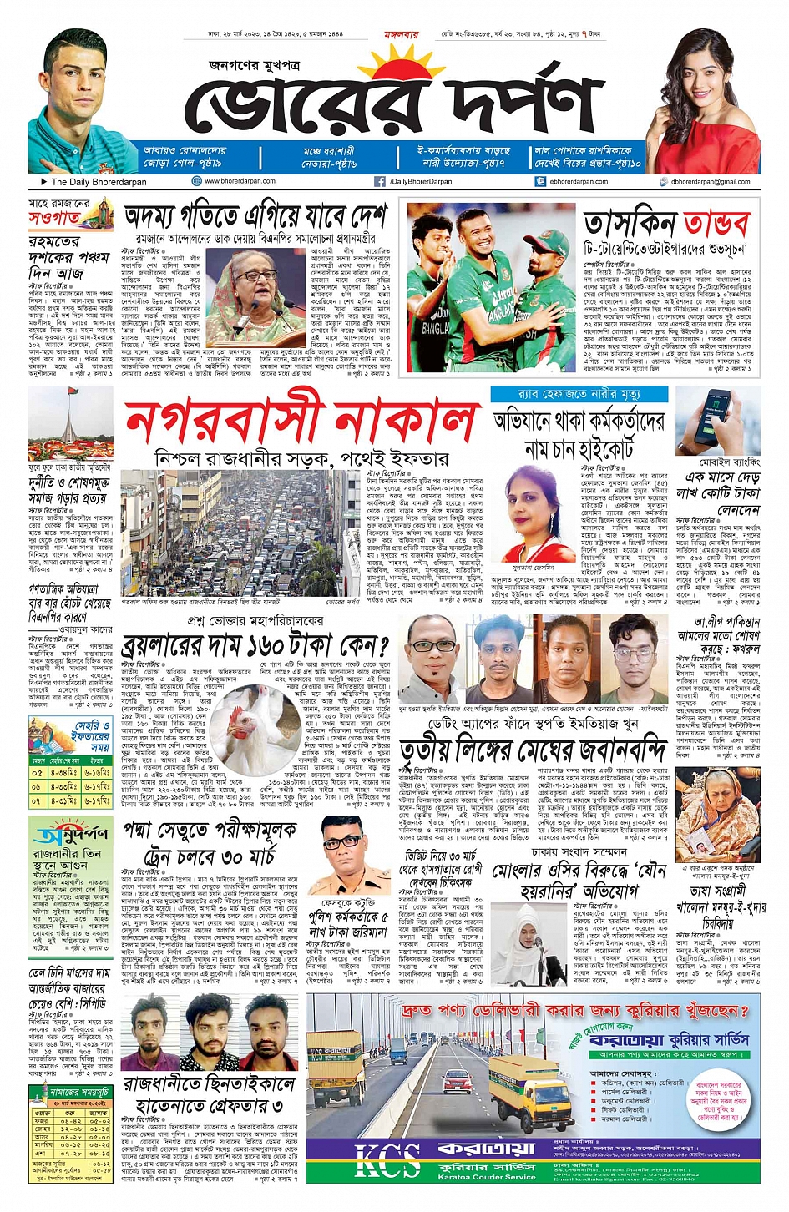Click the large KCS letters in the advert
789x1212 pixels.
(x=387, y=1160)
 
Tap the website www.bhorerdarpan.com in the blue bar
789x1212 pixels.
(x=240, y=181)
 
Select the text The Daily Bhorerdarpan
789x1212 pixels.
(x=99, y=181)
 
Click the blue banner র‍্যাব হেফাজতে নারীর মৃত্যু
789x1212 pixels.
(x=579, y=393)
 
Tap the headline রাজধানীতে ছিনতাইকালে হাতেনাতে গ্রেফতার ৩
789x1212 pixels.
(x=209, y=1095)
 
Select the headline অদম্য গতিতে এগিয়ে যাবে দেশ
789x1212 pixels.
(x=255, y=219)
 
